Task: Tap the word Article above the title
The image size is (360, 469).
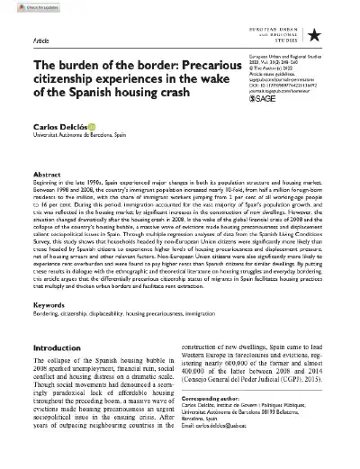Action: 42,41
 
